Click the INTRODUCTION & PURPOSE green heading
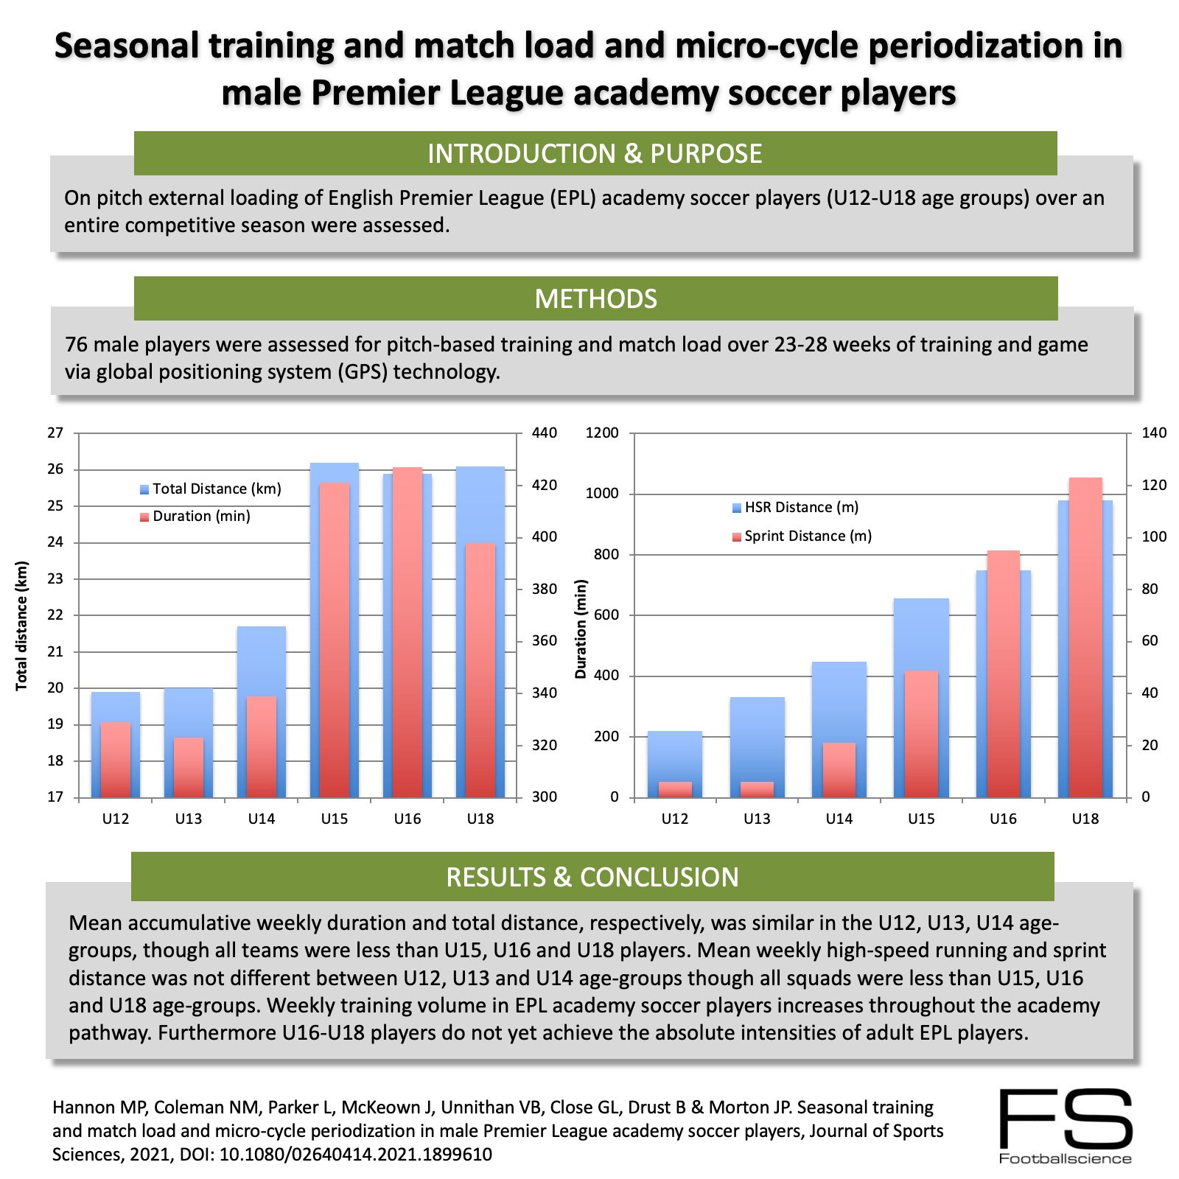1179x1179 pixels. coord(595,153)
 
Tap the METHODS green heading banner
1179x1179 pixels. coord(595,298)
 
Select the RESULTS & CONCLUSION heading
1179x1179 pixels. coord(592,877)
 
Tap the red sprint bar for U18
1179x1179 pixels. coord(1085,637)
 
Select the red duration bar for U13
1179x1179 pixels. coord(189,767)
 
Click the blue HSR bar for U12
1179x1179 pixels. coord(675,755)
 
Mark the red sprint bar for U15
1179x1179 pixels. coord(920,733)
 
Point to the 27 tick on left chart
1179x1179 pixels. coord(55,433)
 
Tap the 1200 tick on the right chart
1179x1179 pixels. coord(601,433)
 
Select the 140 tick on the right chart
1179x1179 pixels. coord(1154,433)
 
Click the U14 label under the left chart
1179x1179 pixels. coord(261,819)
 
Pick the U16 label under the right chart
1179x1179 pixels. coord(1003,819)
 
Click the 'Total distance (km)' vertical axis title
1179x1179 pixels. coord(21,626)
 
